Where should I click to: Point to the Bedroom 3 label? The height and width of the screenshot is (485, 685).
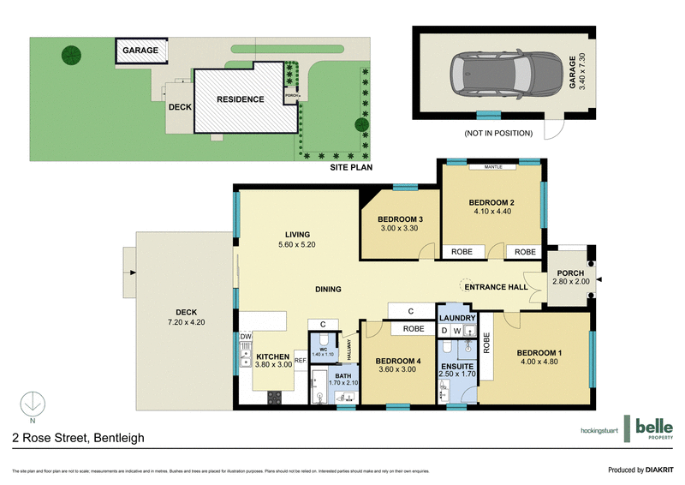click(401, 223)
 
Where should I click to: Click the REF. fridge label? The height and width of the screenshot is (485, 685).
click(301, 361)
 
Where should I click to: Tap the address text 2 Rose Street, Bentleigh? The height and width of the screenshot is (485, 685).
click(78, 438)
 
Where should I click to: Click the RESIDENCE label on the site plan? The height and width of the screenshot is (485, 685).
click(240, 99)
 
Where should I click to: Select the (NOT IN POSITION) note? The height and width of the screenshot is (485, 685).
click(498, 133)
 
